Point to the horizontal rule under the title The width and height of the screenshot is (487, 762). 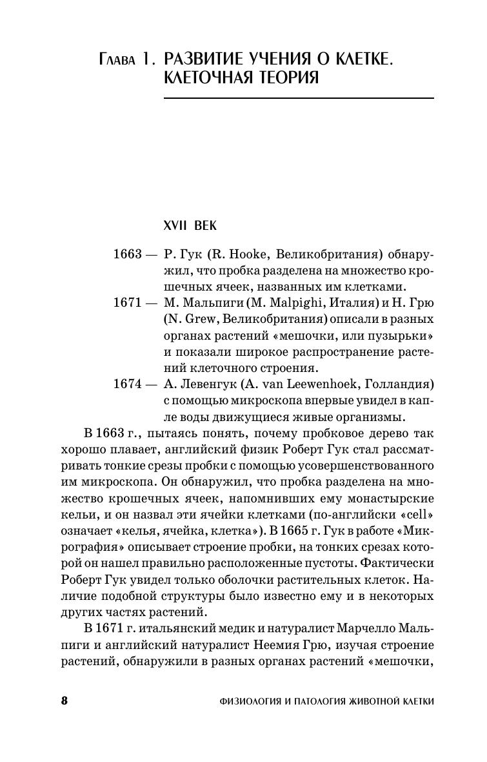click(299, 98)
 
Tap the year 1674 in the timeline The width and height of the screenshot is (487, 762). click(127, 384)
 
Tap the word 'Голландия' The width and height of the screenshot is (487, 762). click(401, 384)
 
